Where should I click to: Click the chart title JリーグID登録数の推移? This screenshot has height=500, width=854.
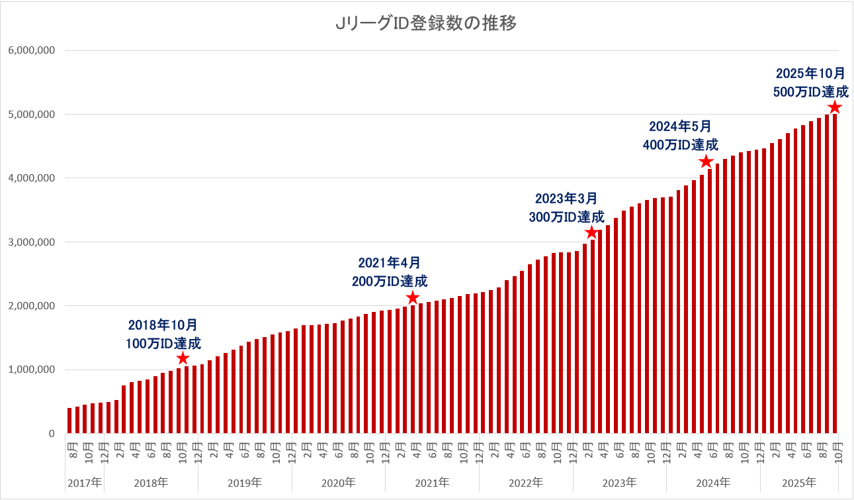tap(426, 24)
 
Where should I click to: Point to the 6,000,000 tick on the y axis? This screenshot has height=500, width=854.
tap(31, 50)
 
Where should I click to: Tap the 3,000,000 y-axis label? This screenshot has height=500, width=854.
tap(31, 242)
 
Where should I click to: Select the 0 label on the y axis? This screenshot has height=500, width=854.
tap(50, 434)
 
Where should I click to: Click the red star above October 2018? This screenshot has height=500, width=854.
tap(183, 358)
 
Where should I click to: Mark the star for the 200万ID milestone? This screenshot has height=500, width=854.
tap(413, 297)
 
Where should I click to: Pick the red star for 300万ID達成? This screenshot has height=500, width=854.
tap(592, 232)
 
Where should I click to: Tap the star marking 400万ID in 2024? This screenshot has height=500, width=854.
tap(706, 162)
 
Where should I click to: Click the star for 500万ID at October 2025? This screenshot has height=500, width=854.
tap(835, 107)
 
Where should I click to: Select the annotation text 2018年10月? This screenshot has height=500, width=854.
tap(163, 325)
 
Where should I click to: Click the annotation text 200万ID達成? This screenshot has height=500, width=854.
tap(390, 280)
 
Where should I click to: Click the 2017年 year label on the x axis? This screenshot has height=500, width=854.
tap(85, 482)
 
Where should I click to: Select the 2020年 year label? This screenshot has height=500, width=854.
tap(339, 482)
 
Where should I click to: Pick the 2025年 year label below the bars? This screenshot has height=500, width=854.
tap(799, 482)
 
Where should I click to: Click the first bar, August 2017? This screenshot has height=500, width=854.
tap(69, 421)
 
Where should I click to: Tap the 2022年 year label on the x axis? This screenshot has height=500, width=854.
tap(526, 482)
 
